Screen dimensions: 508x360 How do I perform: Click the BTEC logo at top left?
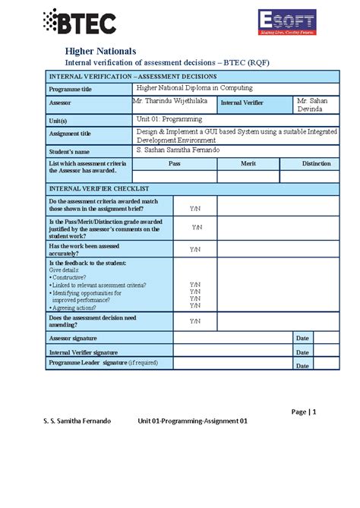[x=80, y=23]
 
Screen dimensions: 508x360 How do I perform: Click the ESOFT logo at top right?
[x=287, y=23]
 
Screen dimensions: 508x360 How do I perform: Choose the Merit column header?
[x=248, y=163]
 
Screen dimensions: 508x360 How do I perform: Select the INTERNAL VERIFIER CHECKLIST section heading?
[x=99, y=188]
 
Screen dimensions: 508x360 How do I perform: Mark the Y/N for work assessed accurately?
[x=195, y=249]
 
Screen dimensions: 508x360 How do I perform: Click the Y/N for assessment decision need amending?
[x=195, y=321]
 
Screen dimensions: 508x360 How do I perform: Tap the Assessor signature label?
[x=73, y=337]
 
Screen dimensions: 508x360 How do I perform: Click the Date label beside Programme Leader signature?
[x=302, y=366]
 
